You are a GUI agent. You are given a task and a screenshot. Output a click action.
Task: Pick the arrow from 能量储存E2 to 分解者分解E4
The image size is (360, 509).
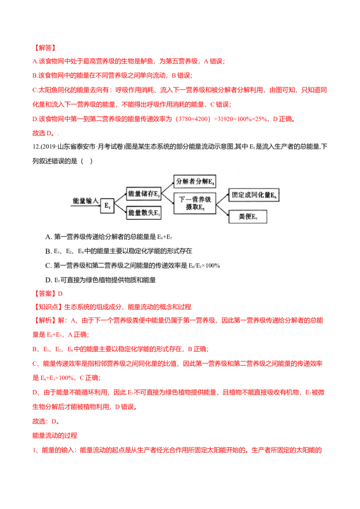[x=168, y=187]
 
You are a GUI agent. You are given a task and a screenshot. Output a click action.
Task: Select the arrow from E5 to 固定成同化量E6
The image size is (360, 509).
[x=222, y=199]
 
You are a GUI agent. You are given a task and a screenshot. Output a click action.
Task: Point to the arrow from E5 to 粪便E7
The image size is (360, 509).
[x=222, y=210]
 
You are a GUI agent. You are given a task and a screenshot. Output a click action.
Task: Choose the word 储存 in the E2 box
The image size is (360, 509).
[x=147, y=194]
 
